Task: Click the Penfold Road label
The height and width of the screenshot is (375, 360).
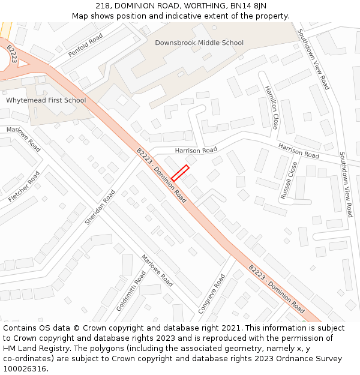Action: [86, 45]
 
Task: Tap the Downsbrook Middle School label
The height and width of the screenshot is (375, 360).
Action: [199, 43]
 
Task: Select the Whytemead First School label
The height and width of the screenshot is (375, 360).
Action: [46, 100]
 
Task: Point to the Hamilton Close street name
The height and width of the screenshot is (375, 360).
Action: [271, 107]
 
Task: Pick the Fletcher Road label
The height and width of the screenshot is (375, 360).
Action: [24, 187]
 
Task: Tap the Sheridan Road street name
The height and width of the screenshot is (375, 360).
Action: [100, 208]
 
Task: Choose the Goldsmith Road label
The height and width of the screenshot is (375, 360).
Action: [131, 290]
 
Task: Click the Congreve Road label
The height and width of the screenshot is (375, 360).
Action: [212, 294]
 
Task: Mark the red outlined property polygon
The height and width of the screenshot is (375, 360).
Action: [180, 173]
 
